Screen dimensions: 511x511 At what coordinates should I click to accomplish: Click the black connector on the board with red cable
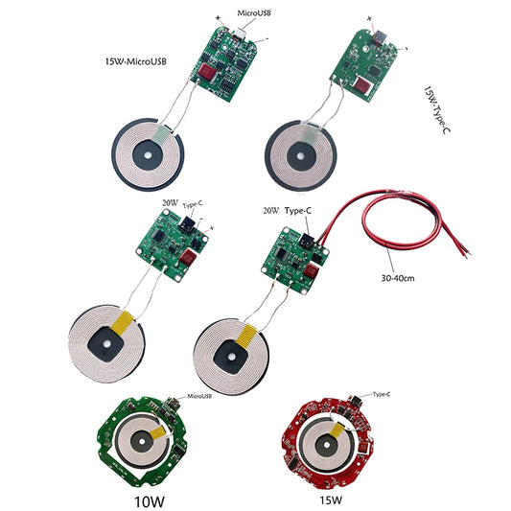coord(309,241)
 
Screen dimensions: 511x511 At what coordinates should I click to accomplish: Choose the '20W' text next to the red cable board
coord(270,209)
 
